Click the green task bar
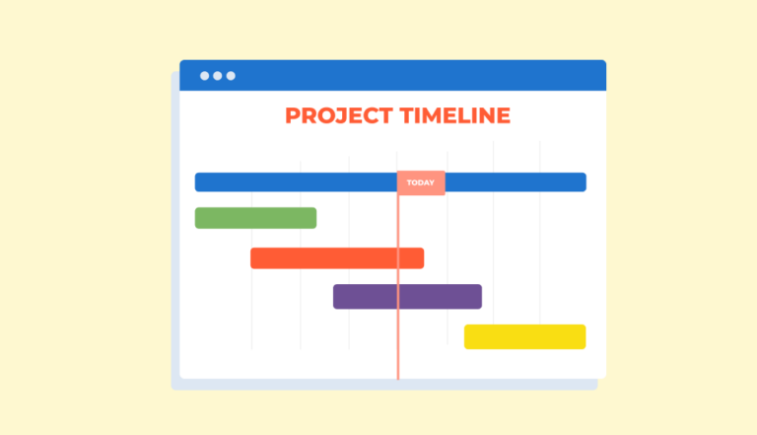(x=255, y=218)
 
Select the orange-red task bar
(x=337, y=258)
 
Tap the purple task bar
(x=407, y=297)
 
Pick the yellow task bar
(x=524, y=336)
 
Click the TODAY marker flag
(x=421, y=182)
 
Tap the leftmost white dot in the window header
(x=205, y=76)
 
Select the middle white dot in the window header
(x=218, y=76)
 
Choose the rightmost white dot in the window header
(x=231, y=76)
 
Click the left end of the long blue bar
(x=199, y=182)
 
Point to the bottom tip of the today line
(x=398, y=377)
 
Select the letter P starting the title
(x=293, y=115)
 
